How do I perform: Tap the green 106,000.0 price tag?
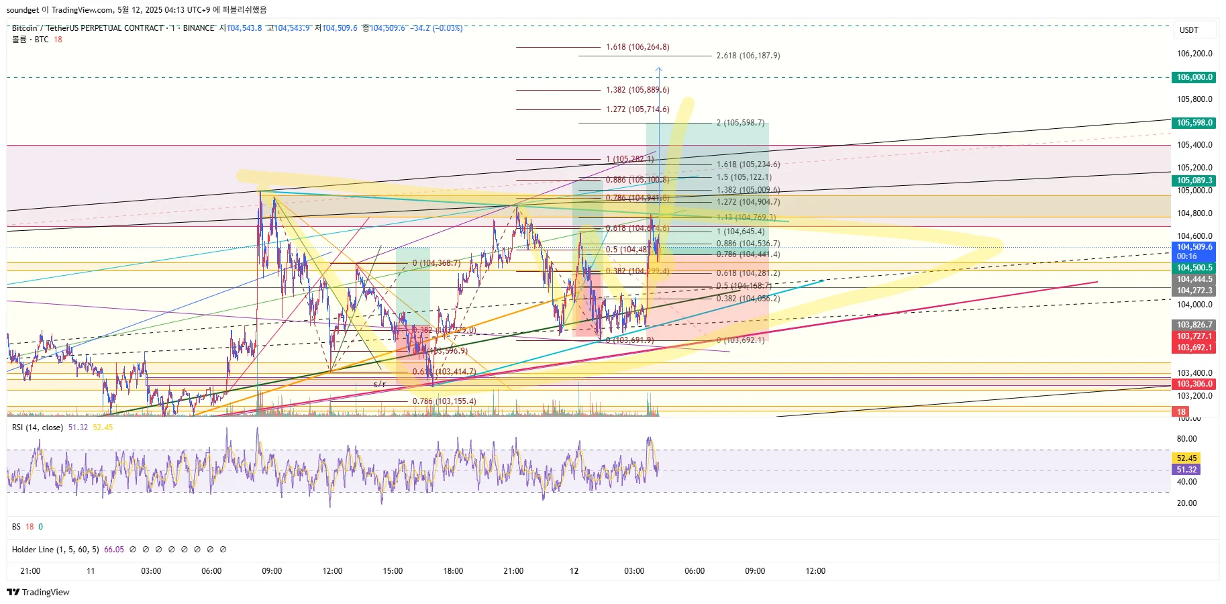[1194, 77]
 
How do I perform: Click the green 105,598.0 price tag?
[1194, 123]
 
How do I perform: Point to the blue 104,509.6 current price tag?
[1194, 247]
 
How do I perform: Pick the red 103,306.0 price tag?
[1194, 384]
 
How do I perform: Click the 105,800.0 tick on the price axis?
[1194, 99]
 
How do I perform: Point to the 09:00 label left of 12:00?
[272, 571]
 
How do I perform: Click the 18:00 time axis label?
[453, 571]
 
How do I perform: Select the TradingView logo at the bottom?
[38, 592]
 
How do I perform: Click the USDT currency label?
[1188, 30]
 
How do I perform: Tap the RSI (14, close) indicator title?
[38, 427]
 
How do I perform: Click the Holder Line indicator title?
[55, 550]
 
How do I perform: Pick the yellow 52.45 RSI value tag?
[1186, 458]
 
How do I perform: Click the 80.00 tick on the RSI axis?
[1186, 439]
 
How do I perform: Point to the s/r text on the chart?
[380, 385]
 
